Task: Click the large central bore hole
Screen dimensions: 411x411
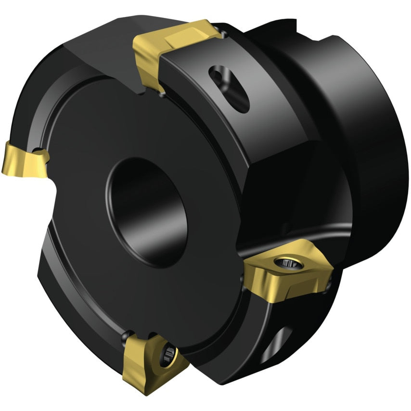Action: tap(144, 212)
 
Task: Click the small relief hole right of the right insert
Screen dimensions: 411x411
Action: tap(329, 286)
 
